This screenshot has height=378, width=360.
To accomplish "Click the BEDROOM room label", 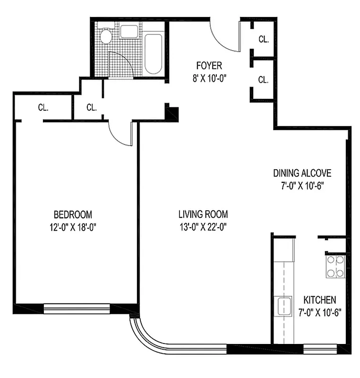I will tap(72, 214).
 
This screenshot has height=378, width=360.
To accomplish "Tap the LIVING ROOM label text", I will tap(203, 214).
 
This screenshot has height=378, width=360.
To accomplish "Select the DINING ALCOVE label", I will tap(302, 173).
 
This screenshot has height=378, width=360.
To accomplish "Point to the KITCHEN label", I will tap(319, 300).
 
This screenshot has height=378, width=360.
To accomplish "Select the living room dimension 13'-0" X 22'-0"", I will tap(203, 226).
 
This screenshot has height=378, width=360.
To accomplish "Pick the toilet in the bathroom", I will tap(105, 36).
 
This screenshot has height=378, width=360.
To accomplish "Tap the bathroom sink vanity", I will tap(129, 32).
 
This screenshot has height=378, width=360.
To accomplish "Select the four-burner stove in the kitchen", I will tap(335, 266).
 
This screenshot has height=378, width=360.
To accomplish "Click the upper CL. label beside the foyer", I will tap(263, 40).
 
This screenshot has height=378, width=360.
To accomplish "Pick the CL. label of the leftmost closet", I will tap(43, 107).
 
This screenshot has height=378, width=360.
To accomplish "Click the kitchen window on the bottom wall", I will tap(320, 350).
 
